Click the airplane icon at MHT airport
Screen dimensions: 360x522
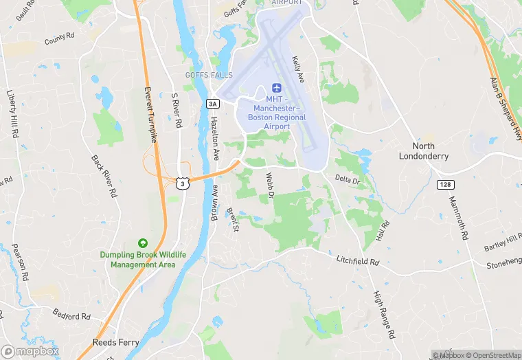click(x=277, y=88)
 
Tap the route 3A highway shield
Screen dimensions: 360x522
click(x=213, y=104)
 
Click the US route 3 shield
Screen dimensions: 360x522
click(x=181, y=183)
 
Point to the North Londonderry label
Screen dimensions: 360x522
click(x=424, y=151)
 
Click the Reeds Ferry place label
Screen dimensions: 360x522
click(x=116, y=342)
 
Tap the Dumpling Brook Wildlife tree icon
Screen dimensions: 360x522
click(x=143, y=243)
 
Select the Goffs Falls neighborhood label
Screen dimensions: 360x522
click(x=209, y=75)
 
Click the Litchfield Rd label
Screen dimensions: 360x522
click(x=358, y=261)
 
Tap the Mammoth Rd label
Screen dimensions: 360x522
click(x=458, y=218)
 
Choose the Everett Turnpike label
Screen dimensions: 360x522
click(x=150, y=115)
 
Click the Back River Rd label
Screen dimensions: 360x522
click(x=102, y=177)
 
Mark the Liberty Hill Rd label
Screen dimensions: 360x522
click(x=12, y=113)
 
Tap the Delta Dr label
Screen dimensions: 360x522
click(x=348, y=180)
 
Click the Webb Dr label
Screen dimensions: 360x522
click(x=269, y=185)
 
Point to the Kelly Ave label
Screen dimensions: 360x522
click(x=298, y=69)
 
